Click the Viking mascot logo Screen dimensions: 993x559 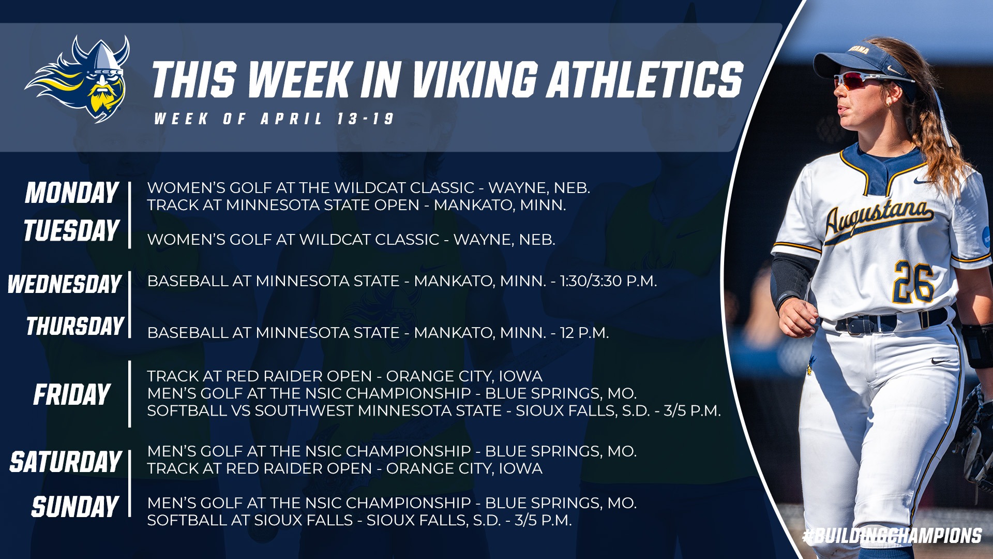(x=78, y=79)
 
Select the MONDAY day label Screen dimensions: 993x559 (x=72, y=193)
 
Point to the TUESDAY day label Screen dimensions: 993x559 (x=71, y=230)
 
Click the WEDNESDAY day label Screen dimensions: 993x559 (x=64, y=284)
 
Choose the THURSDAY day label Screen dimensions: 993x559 (x=74, y=326)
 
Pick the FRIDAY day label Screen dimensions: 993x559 (x=72, y=395)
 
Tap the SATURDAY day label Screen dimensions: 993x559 (x=65, y=462)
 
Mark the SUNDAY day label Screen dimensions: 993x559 (x=75, y=506)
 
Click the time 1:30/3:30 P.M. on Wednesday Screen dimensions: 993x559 (x=609, y=281)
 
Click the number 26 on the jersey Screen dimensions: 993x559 (x=914, y=282)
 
